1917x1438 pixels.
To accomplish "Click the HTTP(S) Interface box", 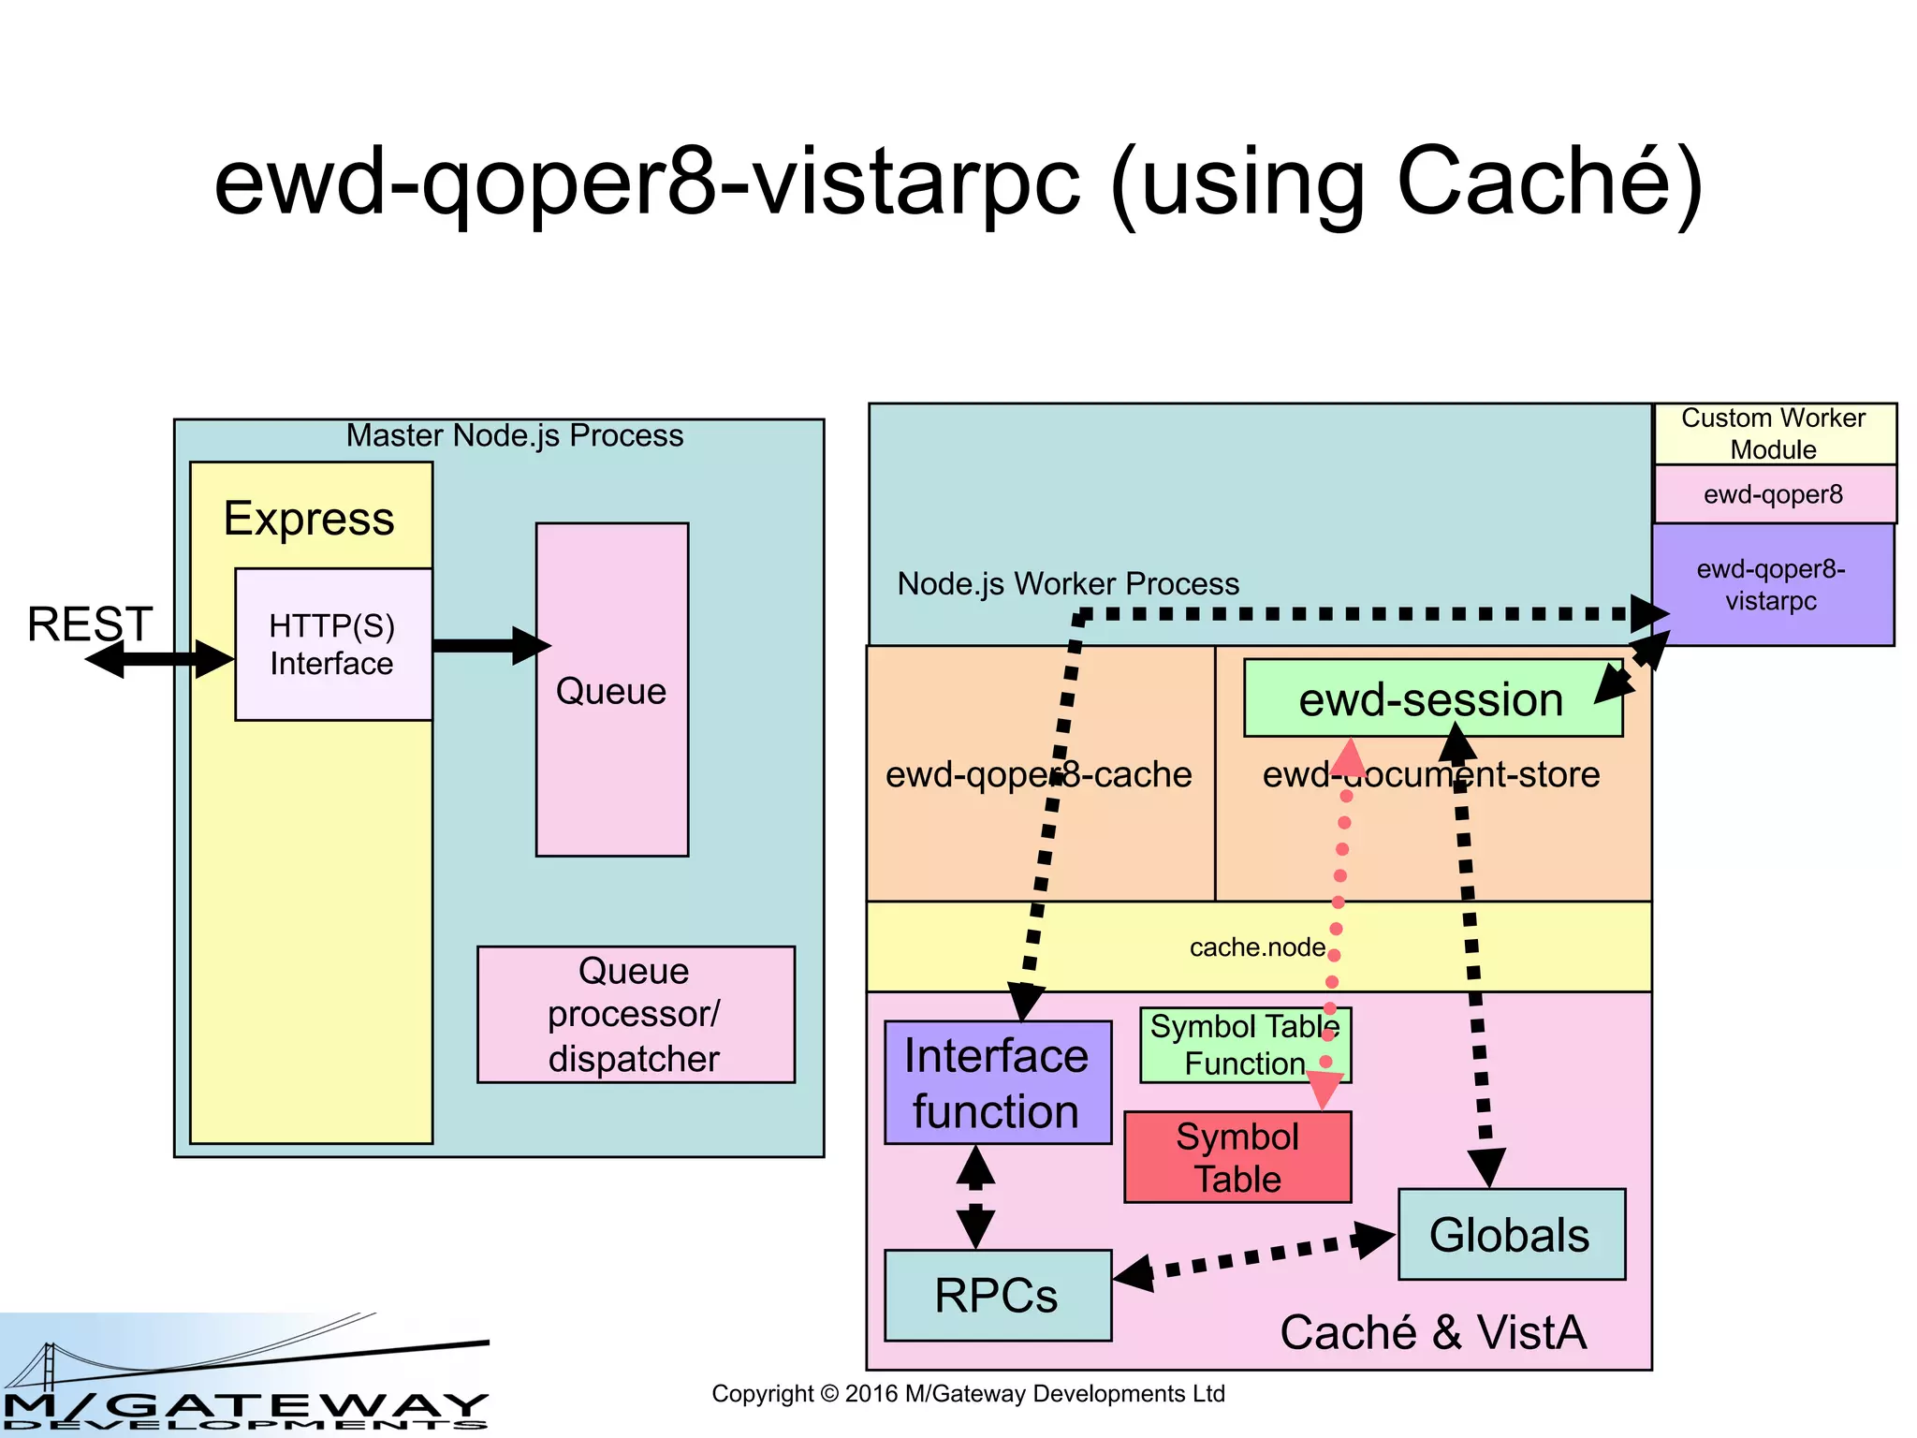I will tap(332, 644).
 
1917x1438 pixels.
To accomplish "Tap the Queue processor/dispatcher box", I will tap(635, 1015).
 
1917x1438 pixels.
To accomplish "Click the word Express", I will tap(309, 519).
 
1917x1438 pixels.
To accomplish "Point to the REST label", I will tap(90, 624).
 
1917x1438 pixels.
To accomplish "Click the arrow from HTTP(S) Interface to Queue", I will tap(487, 645).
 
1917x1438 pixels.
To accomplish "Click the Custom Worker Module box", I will tap(1773, 433).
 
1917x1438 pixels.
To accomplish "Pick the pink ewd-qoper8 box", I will tap(1773, 494).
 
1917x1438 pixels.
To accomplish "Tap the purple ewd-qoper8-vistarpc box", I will tap(1771, 585).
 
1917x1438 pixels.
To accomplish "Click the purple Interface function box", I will tap(997, 1083).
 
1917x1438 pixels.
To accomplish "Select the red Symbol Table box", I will tap(1237, 1158).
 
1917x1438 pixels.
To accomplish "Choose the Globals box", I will tap(1510, 1235).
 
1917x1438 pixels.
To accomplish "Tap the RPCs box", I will tap(997, 1296).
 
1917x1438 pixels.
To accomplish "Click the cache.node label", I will tap(1257, 947).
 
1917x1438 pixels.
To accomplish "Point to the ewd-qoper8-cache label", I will tap(1038, 774).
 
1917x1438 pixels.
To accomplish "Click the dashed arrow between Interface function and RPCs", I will tap(975, 1197).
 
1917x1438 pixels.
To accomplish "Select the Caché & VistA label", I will tap(1433, 1332).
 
